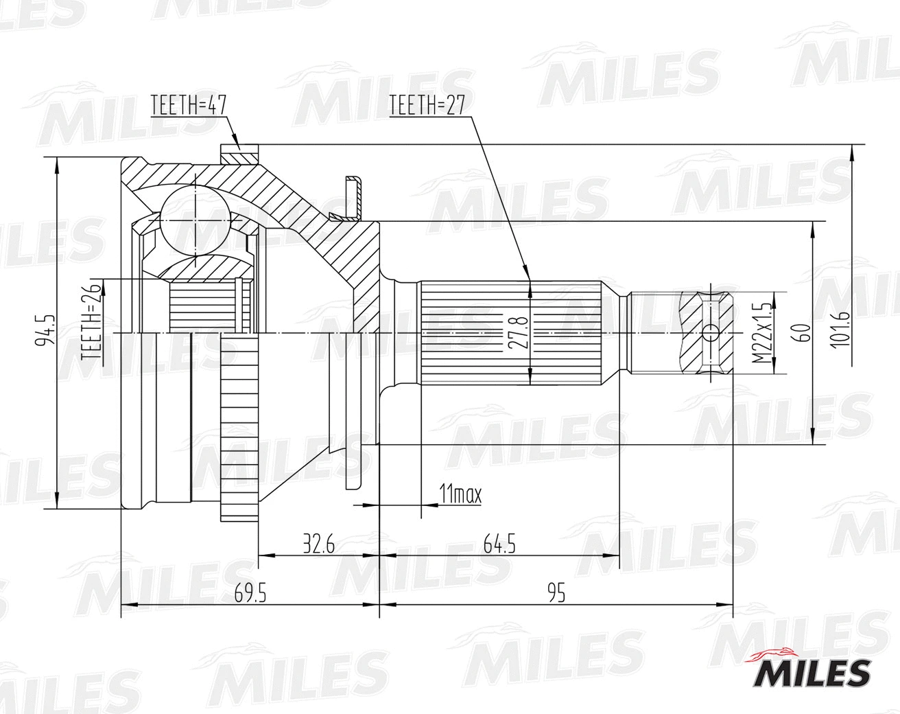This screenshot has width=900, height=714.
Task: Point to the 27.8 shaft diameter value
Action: pos(520,333)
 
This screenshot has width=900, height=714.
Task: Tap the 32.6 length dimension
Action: pos(318,544)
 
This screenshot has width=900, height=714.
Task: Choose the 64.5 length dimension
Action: pos(499,544)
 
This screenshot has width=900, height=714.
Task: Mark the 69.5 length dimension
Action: pos(250,594)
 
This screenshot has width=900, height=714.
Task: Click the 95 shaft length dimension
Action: pos(556,594)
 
